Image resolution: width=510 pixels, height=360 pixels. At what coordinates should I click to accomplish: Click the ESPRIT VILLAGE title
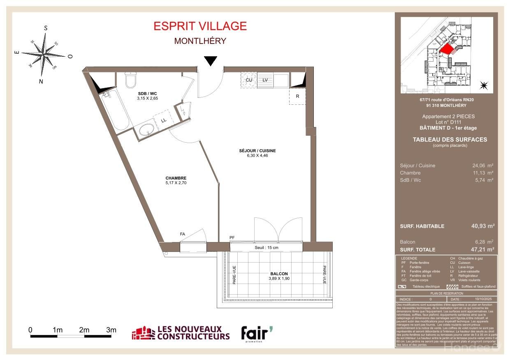(x=200, y=26)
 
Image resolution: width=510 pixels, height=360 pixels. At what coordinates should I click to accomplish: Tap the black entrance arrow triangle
(x=211, y=61)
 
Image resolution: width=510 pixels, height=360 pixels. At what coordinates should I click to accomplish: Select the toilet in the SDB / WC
(x=131, y=80)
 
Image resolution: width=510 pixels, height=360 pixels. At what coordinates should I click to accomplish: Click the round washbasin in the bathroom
(x=146, y=130)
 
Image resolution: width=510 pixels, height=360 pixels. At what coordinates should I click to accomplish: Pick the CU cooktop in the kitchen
(x=249, y=80)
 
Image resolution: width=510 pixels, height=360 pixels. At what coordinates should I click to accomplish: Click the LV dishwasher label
(x=265, y=80)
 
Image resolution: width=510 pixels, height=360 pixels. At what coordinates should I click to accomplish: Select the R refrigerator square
(x=297, y=97)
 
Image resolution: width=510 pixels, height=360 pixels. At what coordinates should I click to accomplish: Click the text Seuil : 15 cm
(x=266, y=247)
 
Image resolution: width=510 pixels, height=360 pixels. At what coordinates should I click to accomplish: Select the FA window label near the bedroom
(x=182, y=234)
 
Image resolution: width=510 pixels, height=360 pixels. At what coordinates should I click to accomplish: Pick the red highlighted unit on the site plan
(x=447, y=50)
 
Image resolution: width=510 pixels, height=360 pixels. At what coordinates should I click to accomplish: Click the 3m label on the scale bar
(x=111, y=330)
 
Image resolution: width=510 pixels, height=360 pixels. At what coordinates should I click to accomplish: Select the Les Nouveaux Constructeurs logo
(x=181, y=333)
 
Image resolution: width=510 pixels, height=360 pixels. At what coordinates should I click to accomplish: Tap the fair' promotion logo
(x=256, y=333)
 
